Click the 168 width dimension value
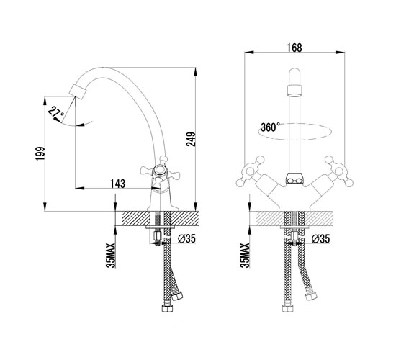(x=294, y=48)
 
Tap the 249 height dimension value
(x=191, y=140)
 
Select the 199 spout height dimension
(x=40, y=153)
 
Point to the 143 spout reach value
(x=117, y=184)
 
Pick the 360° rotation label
(x=270, y=127)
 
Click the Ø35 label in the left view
(x=186, y=238)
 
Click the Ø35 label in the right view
(x=320, y=238)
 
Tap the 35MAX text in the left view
(x=111, y=255)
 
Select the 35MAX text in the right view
(x=245, y=255)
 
